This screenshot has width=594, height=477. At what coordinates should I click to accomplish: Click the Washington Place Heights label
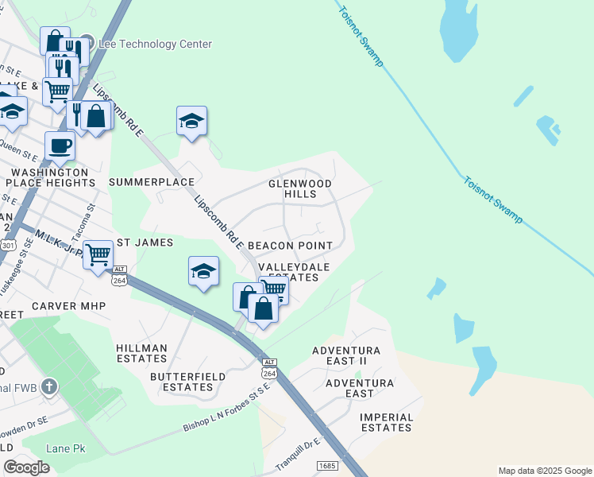pos(50,177)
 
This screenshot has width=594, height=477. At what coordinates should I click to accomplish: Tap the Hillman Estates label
pos(141,354)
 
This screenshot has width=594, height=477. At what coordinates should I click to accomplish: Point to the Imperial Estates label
pos(387,422)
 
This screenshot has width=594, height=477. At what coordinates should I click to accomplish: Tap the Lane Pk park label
pos(65,449)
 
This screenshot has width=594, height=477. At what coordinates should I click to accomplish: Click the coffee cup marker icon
pos(60,145)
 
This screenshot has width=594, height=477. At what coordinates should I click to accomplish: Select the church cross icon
pos(49,387)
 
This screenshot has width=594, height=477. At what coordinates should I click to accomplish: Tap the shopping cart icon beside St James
pos(98,255)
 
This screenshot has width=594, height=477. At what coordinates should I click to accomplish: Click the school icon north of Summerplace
pos(191,121)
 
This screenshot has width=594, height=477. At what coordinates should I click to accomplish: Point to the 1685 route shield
pos(326,465)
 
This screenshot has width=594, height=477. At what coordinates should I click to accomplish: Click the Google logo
pos(26,467)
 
